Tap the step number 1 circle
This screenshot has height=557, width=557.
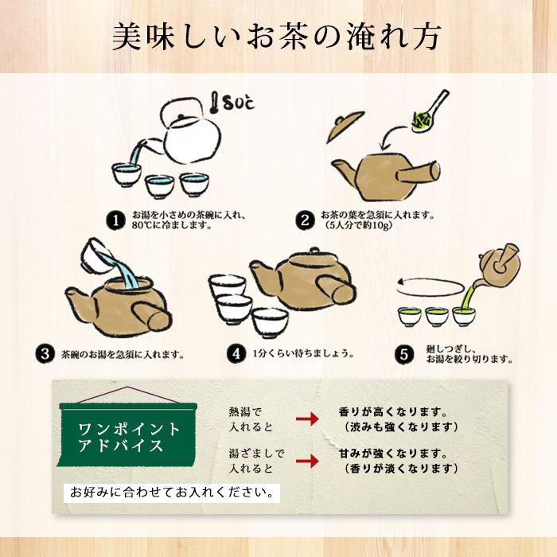(117, 219)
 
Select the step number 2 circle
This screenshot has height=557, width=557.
(305, 219)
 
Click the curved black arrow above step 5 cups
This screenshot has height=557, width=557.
(430, 282)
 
